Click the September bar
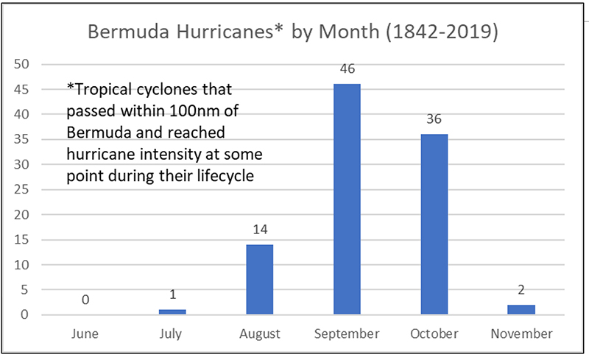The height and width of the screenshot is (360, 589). click(347, 199)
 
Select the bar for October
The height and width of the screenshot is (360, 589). click(434, 225)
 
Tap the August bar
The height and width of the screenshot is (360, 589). click(260, 280)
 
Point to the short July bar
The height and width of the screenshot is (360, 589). click(173, 312)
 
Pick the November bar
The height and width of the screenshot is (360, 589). click(521, 310)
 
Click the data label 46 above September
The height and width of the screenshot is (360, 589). click(347, 69)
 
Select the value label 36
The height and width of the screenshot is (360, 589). click(434, 119)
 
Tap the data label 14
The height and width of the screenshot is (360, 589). click(260, 229)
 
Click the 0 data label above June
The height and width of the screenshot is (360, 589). click(85, 300)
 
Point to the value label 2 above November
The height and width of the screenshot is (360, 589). click(521, 289)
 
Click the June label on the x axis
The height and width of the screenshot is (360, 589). click(85, 333)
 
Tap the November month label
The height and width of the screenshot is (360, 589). click(521, 333)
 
